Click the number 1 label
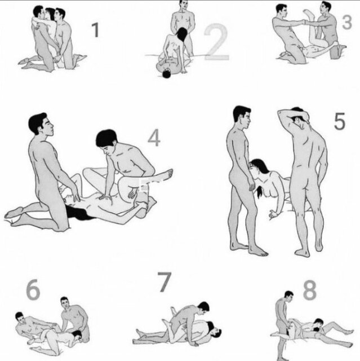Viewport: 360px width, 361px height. click(95, 30)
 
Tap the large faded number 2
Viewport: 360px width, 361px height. click(216, 42)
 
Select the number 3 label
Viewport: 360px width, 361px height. click(347, 23)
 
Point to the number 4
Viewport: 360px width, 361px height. click(154, 138)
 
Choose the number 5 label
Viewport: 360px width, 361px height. click(340, 121)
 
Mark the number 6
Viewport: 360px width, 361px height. click(33, 290)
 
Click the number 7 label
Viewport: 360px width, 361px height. click(164, 282)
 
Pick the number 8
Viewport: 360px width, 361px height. click(310, 290)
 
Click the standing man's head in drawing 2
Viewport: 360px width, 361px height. click(184, 5)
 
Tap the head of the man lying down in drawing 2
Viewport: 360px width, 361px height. click(166, 74)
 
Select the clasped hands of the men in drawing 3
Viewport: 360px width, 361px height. click(305, 23)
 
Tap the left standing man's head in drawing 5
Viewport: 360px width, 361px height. click(242, 117)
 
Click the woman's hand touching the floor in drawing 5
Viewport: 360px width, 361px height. click(273, 214)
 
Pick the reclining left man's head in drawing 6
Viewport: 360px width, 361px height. click(20, 317)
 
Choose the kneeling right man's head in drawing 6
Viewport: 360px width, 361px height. click(65, 303)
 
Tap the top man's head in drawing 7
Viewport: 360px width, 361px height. click(203, 308)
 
